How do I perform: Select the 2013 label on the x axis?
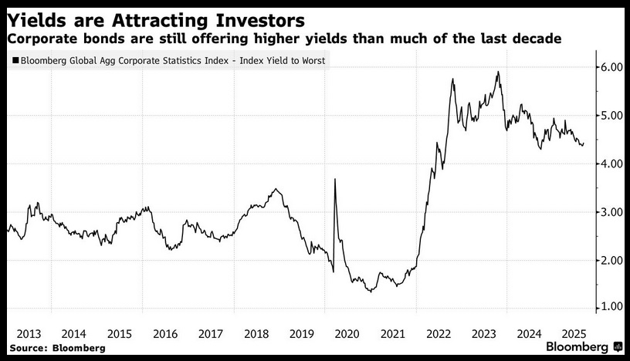[x=29, y=334]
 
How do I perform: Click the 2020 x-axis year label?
[x=347, y=334]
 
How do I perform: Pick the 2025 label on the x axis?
[x=574, y=334]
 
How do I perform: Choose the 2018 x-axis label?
[x=256, y=334]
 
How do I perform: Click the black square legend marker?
[x=15, y=61]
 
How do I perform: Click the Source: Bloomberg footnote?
[x=57, y=348]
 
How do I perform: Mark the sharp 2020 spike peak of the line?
[x=335, y=179]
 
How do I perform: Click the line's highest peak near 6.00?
[x=498, y=72]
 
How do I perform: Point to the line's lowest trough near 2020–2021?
[x=371, y=292]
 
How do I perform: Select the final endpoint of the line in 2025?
[x=584, y=143]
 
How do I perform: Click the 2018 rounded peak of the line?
[x=275, y=189]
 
